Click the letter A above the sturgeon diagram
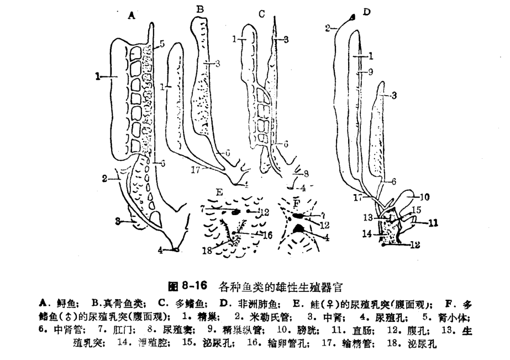(131, 16)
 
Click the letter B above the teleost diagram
(200, 8)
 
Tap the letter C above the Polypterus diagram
(262, 13)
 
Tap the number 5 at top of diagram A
(161, 44)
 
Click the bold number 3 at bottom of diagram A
(118, 222)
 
